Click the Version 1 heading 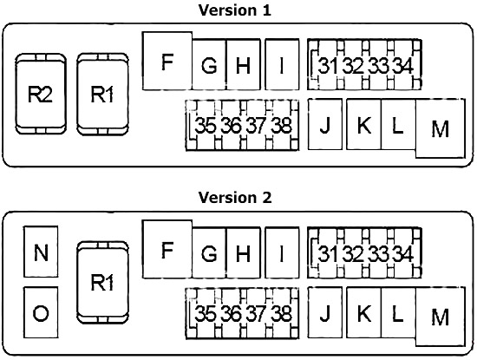[x=234, y=10]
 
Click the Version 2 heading [x=234, y=198]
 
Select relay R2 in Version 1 [x=41, y=94]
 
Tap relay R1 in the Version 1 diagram [x=102, y=94]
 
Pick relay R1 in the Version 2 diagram [x=102, y=283]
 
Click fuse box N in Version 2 [x=41, y=252]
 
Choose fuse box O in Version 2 [x=41, y=312]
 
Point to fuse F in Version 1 [x=167, y=61]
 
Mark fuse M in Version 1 [x=441, y=128]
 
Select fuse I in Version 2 [x=282, y=252]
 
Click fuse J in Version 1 [x=325, y=124]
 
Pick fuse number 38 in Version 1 [x=282, y=126]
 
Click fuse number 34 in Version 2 [x=403, y=253]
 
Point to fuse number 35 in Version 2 [x=205, y=313]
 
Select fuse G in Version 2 [x=209, y=252]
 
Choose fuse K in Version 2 [x=364, y=312]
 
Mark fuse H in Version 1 [x=244, y=64]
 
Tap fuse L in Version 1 [x=398, y=124]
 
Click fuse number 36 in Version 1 [x=231, y=126]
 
